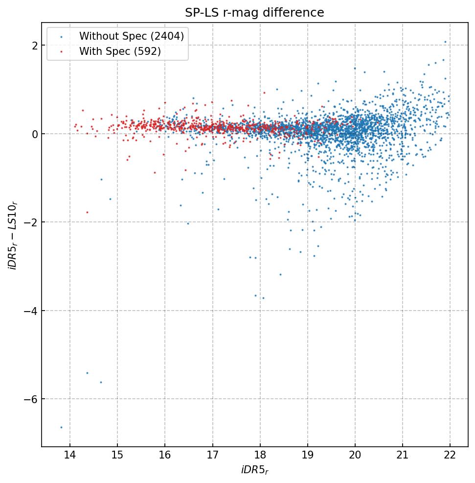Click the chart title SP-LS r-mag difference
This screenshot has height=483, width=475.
point(254,13)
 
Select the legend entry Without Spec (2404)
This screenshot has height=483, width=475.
point(132,36)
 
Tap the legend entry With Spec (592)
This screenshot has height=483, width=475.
point(120,51)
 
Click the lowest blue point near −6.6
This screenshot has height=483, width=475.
point(61,427)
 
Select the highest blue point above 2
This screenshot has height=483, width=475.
point(445,42)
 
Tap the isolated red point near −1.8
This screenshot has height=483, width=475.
point(87,212)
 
